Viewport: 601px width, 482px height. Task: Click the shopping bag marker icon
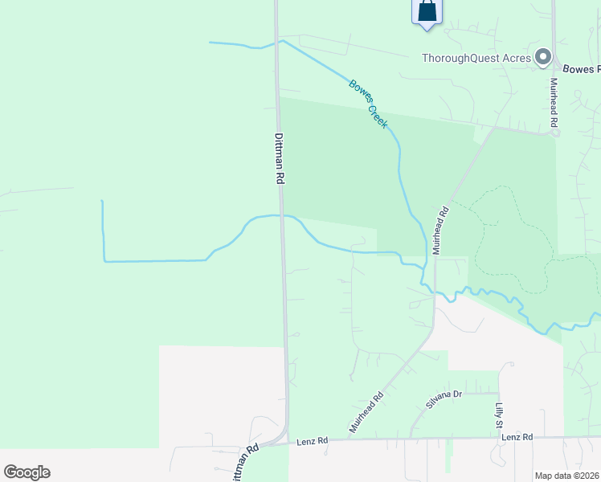[x=427, y=11]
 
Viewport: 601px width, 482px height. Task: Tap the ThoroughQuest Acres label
[x=477, y=58]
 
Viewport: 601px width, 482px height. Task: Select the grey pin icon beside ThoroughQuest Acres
[x=543, y=56]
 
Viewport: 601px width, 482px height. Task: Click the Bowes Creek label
[x=369, y=104]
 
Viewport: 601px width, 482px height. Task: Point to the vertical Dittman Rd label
[x=280, y=159]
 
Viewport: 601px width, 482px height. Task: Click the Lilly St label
[x=498, y=415]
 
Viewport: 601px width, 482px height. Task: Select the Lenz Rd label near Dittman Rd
[x=313, y=441]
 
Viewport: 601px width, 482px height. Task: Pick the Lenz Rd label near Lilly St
[x=517, y=437]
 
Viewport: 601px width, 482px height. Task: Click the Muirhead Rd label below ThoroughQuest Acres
[x=553, y=103]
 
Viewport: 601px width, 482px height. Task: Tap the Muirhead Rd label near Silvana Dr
[x=366, y=412]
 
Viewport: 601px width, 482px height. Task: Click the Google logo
[x=27, y=472]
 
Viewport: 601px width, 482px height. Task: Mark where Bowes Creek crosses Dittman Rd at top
[x=276, y=42]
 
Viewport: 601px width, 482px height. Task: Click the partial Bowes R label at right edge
[x=581, y=69]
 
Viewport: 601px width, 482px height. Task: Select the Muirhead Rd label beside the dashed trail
[x=440, y=231]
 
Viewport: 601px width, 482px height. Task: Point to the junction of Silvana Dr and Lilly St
[x=499, y=393]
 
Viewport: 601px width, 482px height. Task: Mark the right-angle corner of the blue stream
[x=104, y=260]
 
